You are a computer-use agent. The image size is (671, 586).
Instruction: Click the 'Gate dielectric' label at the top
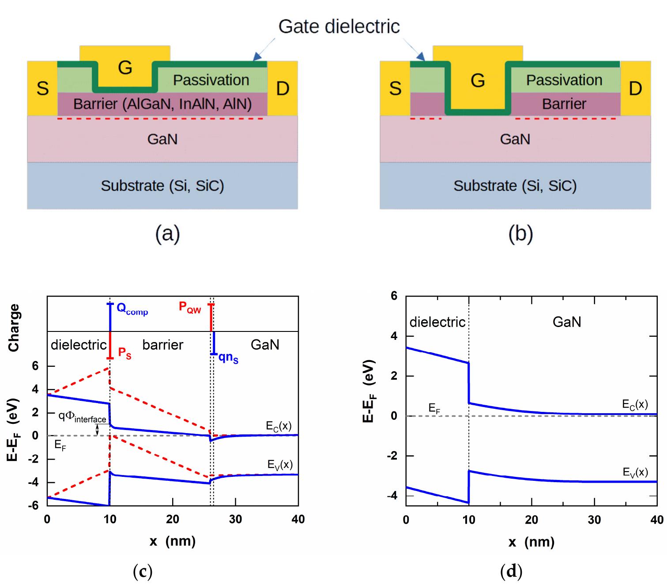click(x=339, y=27)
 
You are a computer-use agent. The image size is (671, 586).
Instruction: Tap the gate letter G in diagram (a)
click(x=125, y=68)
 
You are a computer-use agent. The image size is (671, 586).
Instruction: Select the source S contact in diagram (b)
click(x=395, y=88)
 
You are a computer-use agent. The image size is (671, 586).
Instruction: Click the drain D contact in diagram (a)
click(x=283, y=88)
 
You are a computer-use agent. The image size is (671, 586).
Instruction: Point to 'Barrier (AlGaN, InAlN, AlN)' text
click(x=162, y=104)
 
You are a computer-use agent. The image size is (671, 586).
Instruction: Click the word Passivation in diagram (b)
click(x=564, y=80)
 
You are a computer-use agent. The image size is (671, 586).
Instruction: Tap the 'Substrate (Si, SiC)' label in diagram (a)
click(x=162, y=186)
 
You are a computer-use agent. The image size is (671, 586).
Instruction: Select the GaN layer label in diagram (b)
click(x=515, y=139)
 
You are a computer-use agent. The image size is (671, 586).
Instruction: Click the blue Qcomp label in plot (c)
click(x=132, y=309)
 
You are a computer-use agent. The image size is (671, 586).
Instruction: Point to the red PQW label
click(x=190, y=307)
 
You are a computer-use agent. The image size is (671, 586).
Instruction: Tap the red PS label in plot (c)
click(x=124, y=353)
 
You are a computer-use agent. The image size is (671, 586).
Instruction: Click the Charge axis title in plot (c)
click(x=14, y=327)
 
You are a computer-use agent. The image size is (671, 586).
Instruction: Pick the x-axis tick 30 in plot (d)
click(x=594, y=520)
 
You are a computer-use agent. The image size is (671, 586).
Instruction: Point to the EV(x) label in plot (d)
click(x=635, y=472)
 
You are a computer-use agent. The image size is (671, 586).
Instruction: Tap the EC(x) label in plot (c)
click(x=279, y=426)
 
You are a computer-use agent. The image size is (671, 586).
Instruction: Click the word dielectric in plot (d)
click(x=437, y=322)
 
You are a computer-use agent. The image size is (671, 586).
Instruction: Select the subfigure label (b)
click(x=520, y=234)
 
